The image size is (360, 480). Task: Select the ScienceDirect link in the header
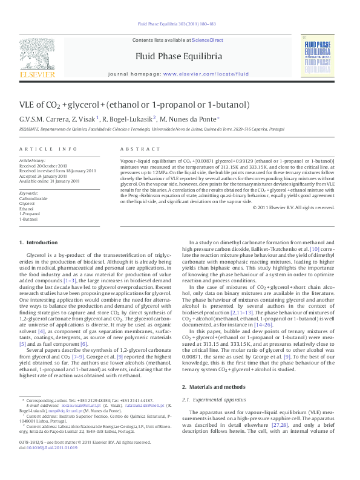tap(208, 40)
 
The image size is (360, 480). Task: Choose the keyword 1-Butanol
tap(28, 219)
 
